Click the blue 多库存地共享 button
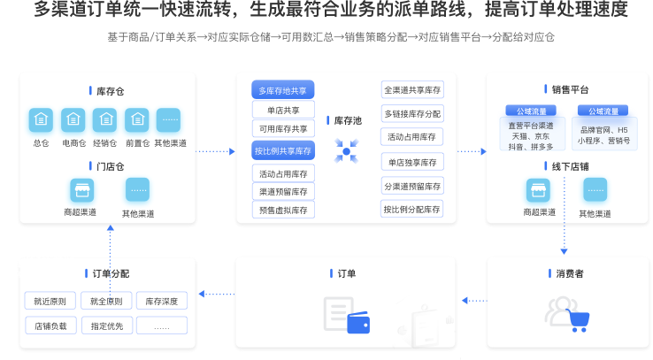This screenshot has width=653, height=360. click(x=283, y=90)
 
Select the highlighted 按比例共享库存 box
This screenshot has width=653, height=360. click(x=283, y=150)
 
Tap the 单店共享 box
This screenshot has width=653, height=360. click(x=283, y=111)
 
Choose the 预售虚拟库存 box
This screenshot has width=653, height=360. click(x=283, y=211)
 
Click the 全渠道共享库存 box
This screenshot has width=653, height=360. click(x=412, y=90)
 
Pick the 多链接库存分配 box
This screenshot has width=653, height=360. click(x=412, y=113)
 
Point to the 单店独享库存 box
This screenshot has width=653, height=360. click(x=412, y=163)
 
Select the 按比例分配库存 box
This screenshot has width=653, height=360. click(x=411, y=210)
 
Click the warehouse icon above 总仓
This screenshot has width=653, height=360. click(x=41, y=120)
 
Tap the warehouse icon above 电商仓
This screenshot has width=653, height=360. click(x=73, y=120)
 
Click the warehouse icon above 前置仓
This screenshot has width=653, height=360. click(x=137, y=120)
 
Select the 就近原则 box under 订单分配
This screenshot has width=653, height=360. click(x=50, y=301)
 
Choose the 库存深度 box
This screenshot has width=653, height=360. click(x=162, y=301)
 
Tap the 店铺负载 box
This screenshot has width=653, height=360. click(x=50, y=326)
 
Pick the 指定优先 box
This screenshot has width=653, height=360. click(x=107, y=326)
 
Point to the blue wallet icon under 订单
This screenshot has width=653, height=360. click(x=358, y=323)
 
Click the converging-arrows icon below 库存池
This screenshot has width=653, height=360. click(x=346, y=151)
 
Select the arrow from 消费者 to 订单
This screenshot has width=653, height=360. click(x=474, y=301)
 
